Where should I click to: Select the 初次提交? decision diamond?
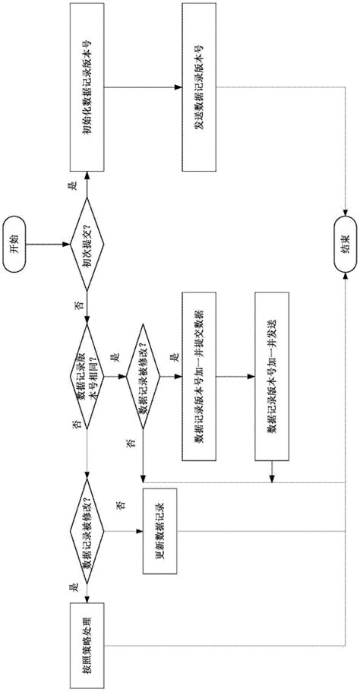point(86,245)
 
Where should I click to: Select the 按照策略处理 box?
point(86,638)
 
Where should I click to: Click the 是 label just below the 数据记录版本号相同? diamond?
point(115,356)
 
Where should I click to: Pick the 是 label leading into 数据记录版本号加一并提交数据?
point(172,356)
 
